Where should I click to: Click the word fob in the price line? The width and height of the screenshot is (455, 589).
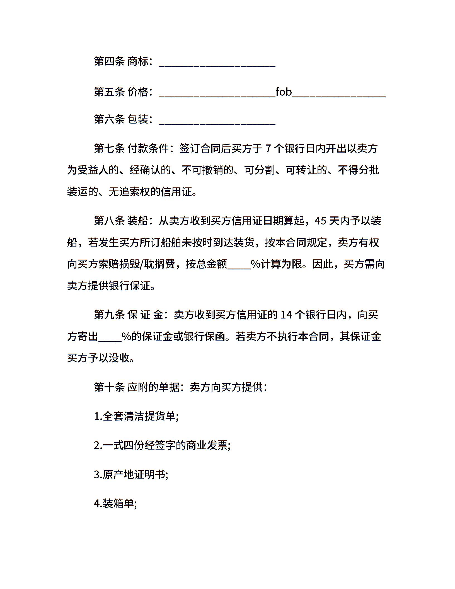[283, 92]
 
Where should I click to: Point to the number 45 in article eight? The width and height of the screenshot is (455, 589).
[320, 221]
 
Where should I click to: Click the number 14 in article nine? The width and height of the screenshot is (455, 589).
[286, 315]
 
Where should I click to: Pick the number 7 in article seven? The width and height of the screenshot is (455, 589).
[268, 149]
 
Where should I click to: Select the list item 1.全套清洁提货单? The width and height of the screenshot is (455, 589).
[136, 416]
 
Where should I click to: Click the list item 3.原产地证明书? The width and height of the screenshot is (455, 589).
[131, 474]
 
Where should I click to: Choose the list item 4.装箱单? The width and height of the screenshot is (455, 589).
[115, 503]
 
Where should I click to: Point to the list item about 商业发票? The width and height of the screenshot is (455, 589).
[162, 445]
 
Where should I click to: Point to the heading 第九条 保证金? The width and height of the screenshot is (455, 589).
[129, 315]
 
